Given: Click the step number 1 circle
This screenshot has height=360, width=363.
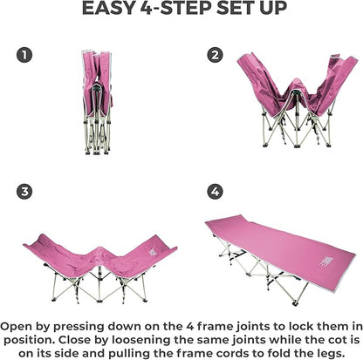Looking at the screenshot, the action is [x=24, y=55].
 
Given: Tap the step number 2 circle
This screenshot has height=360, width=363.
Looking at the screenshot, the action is [x=216, y=55].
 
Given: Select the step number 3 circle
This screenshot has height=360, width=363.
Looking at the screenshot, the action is [x=24, y=192].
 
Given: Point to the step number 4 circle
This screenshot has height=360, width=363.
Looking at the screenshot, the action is [x=216, y=192].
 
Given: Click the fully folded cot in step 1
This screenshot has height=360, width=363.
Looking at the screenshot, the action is [x=97, y=102].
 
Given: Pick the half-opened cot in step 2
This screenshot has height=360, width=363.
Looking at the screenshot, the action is [x=297, y=100].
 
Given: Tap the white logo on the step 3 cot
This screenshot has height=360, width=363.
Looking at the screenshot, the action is [x=153, y=252].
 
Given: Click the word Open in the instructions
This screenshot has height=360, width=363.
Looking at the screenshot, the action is [x=17, y=327].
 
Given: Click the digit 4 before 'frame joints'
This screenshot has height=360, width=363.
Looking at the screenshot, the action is [x=189, y=327].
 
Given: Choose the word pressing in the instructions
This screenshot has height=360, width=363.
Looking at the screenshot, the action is [x=79, y=327].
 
